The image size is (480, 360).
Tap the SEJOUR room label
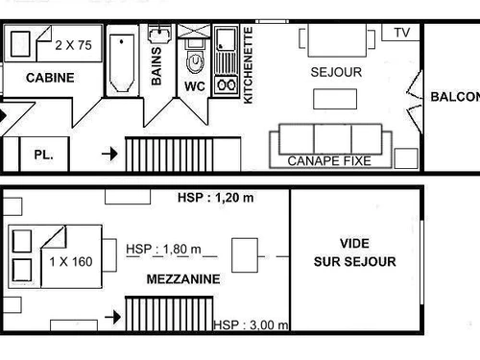[335, 72]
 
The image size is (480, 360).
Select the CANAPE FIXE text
[329, 161]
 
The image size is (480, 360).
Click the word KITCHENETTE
[249, 65]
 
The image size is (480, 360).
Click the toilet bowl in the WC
[195, 60]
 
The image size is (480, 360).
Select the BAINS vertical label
[156, 65]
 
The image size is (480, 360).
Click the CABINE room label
[50, 78]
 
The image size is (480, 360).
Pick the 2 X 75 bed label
[73, 44]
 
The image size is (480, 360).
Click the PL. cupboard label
[43, 154]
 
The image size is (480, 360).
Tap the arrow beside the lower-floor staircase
[108, 153]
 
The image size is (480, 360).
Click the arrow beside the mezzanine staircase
[111, 315]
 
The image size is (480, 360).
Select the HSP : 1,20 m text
[216, 199]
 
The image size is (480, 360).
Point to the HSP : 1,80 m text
[164, 250]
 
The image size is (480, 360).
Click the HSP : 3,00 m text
[251, 325]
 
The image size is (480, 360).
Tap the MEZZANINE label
[183, 279]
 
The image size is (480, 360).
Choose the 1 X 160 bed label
[70, 260]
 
